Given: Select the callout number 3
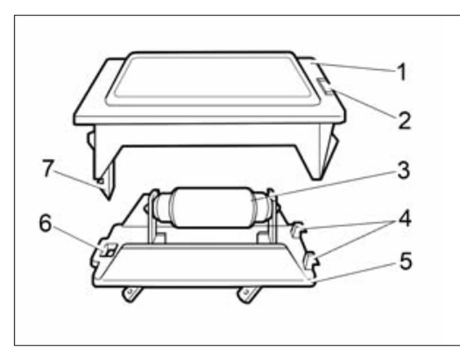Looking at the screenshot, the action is coord(404,170).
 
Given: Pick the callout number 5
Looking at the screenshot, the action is coord(406,261).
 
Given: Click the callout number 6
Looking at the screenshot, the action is coord(45,223).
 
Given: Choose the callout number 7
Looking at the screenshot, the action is coord(48,168).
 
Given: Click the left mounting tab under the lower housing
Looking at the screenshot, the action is coord(131,294).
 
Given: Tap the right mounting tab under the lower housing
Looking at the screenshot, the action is coord(248,294).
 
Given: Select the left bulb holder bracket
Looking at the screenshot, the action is coord(153,218).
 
